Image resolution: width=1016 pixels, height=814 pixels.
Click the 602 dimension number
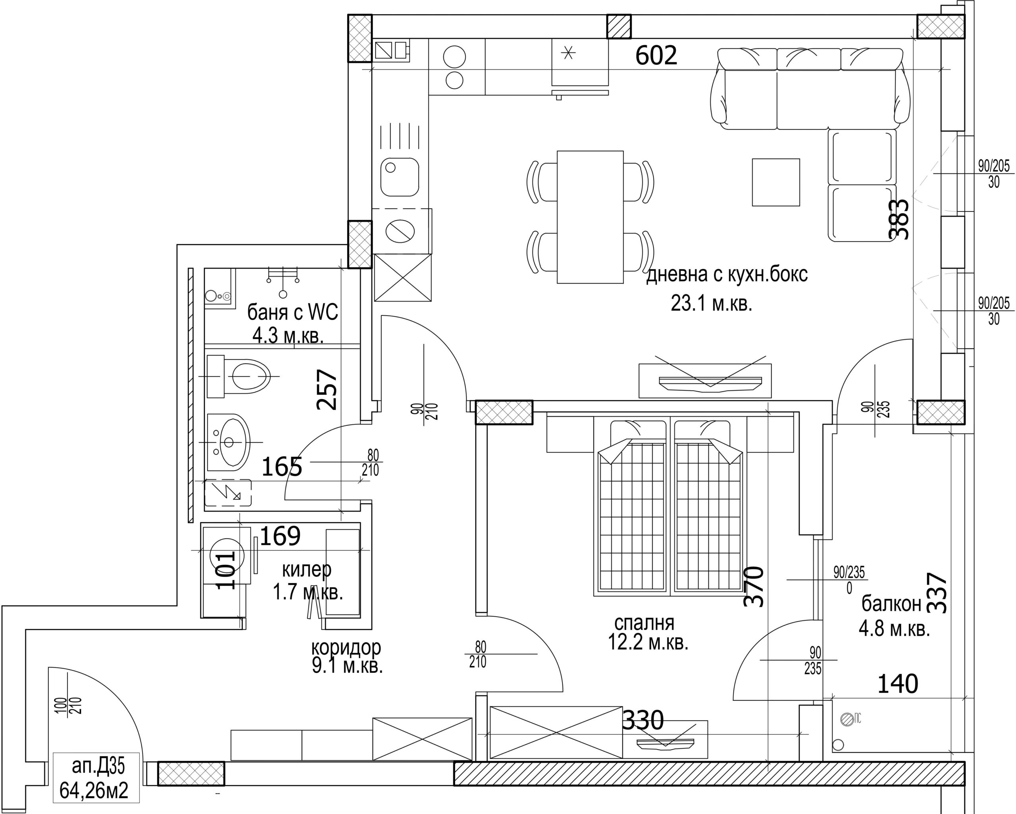656,56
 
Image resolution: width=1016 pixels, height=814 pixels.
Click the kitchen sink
400,176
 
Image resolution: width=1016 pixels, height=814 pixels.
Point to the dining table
590,217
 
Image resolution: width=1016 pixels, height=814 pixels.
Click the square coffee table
775,183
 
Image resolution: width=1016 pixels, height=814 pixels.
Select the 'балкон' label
891,604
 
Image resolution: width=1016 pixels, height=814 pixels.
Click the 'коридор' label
346,648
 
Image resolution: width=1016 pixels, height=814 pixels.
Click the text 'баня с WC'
292,312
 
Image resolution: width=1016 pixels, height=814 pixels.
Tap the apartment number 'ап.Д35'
98,767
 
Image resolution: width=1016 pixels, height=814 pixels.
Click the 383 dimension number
898,219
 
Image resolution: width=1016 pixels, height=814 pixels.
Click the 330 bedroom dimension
643,720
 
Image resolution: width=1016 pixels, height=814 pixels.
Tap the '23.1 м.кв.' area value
711,304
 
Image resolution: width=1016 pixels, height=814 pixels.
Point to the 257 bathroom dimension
327,389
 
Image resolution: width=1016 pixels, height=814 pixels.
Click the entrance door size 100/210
68,705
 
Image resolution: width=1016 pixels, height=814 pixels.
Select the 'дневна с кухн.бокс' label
727,274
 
